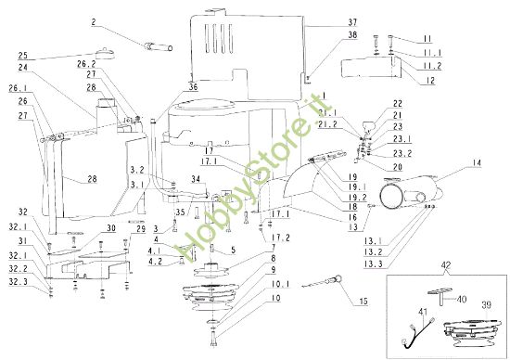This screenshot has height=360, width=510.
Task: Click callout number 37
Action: point(352,22)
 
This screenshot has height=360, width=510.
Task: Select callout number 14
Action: point(477,162)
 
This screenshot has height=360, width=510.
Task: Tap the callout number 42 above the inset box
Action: point(446,265)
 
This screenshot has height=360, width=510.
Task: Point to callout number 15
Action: point(363,302)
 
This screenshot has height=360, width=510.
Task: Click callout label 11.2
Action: point(432,66)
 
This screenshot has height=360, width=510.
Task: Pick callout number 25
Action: point(23,55)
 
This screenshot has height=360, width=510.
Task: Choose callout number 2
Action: point(94,22)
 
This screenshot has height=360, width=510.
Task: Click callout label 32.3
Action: point(19,281)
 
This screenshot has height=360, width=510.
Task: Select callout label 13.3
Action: point(373,264)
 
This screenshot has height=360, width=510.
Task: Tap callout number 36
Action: point(193,87)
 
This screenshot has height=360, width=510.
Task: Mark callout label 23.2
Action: point(402,153)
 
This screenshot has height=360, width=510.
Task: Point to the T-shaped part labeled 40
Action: point(440,297)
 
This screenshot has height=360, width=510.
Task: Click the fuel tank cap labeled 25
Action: point(106,53)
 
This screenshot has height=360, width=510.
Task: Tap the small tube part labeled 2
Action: point(158,47)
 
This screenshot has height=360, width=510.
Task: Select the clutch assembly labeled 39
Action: point(472,332)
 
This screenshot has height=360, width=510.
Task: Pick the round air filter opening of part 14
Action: point(391,196)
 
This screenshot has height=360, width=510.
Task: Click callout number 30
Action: point(111,228)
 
